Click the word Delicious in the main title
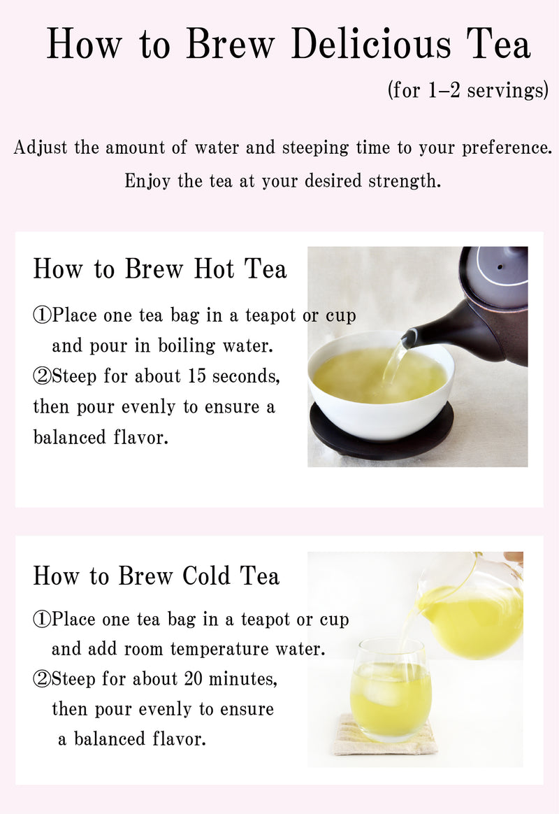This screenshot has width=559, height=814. [x=371, y=45]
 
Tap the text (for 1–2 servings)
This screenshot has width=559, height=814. [x=467, y=91]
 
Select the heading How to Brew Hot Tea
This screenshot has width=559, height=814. [x=160, y=269]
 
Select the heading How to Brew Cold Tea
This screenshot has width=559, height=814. [x=157, y=576]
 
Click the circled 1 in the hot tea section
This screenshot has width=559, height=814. [x=42, y=316]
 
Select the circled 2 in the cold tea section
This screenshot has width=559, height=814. [x=42, y=679]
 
